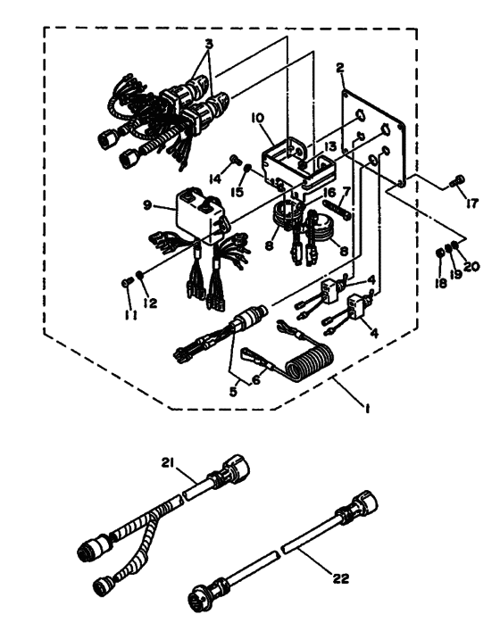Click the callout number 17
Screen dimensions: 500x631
[472, 203]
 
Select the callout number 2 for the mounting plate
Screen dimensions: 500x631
[340, 68]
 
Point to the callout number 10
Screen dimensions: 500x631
[257, 118]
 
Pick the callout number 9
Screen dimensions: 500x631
[147, 205]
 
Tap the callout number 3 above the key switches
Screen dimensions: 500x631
[208, 45]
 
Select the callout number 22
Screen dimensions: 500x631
[340, 578]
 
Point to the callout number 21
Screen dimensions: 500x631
[168, 463]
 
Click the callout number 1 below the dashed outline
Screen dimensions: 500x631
[367, 409]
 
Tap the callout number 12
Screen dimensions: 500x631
[150, 303]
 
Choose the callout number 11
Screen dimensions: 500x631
[130, 316]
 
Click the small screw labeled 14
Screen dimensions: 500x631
[234, 160]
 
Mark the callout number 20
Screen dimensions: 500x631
[471, 266]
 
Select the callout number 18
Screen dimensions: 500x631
[440, 283]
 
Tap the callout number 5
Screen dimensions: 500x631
[234, 391]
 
